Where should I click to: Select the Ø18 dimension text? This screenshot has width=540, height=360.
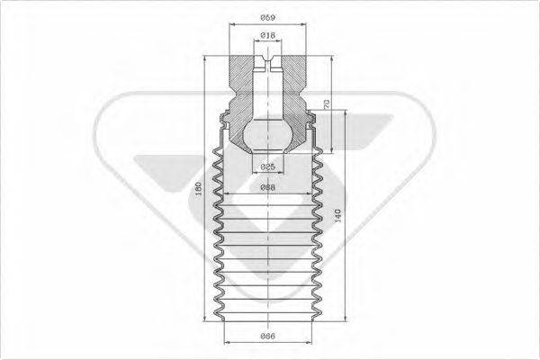click(x=267, y=35)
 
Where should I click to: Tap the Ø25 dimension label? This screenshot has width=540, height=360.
click(x=267, y=167)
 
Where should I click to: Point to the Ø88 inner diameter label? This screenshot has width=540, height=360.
click(x=267, y=188)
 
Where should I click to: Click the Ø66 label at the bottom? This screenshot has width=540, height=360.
click(x=267, y=336)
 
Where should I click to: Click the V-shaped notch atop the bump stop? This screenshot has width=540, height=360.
click(x=267, y=63)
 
